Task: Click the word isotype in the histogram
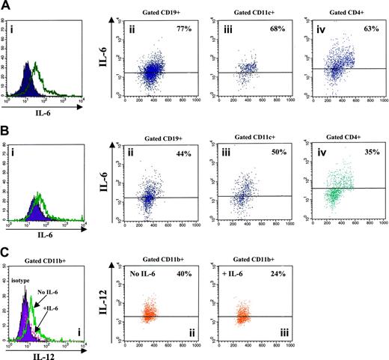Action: point(23,273)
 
